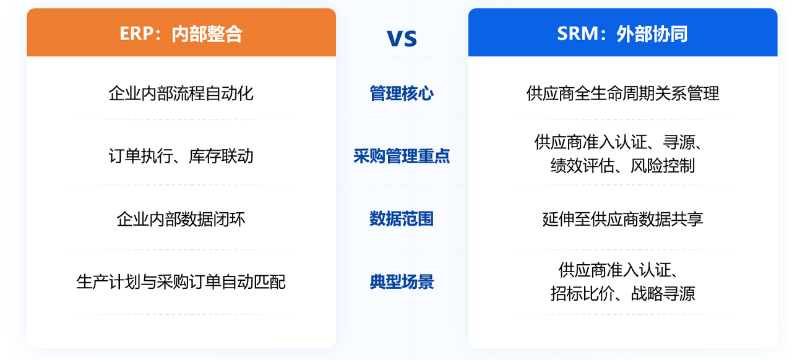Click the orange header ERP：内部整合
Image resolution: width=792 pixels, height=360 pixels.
pyautogui.click(x=181, y=33)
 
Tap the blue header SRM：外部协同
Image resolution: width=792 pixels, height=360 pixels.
pyautogui.click(x=622, y=33)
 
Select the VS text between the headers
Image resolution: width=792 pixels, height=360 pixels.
pyautogui.click(x=402, y=38)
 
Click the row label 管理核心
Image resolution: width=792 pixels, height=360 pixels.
pyautogui.click(x=402, y=94)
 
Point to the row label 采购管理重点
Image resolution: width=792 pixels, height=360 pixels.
pyautogui.click(x=402, y=156)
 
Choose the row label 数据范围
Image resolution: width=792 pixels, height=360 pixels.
pyautogui.click(x=402, y=219)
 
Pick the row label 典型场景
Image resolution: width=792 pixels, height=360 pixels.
pyautogui.click(x=402, y=282)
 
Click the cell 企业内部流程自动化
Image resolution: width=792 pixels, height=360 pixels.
pyautogui.click(x=181, y=94)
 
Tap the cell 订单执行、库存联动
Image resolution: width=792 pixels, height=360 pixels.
pyautogui.click(x=181, y=156)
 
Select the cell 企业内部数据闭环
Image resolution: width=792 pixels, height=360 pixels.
pyautogui.click(x=181, y=219)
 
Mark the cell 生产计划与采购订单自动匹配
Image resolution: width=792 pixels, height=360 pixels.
pyautogui.click(x=181, y=282)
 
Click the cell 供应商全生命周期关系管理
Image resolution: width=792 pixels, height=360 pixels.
pyautogui.click(x=622, y=94)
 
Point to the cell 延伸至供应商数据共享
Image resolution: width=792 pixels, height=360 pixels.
pyautogui.click(x=622, y=219)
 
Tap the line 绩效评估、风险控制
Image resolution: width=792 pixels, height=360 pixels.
pyautogui.click(x=622, y=166)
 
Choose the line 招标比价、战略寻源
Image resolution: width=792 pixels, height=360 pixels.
pyautogui.click(x=622, y=293)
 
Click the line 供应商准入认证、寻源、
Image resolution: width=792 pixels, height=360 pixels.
pyautogui.click(x=619, y=143)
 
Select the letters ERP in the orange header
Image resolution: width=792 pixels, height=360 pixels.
pyautogui.click(x=136, y=33)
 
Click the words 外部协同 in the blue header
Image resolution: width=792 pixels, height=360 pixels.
pyautogui.click(x=652, y=33)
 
